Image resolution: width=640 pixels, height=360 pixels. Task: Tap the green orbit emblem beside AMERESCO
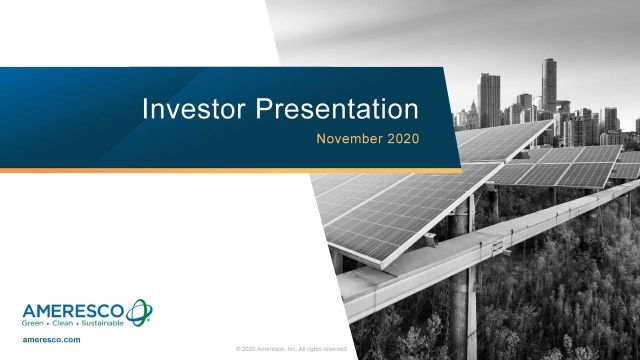(138, 311)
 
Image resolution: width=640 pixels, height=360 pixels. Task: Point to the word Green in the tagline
(35, 324)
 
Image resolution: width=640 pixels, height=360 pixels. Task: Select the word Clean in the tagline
(67, 324)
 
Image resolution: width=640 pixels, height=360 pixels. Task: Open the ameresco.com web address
(51, 341)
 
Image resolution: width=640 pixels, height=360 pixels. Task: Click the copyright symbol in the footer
(238, 349)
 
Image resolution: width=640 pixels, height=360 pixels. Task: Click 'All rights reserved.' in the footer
(323, 349)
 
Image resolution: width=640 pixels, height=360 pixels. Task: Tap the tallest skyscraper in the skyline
(549, 85)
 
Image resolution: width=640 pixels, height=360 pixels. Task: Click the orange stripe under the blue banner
(230, 170)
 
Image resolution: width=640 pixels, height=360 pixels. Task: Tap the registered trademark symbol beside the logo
(150, 321)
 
